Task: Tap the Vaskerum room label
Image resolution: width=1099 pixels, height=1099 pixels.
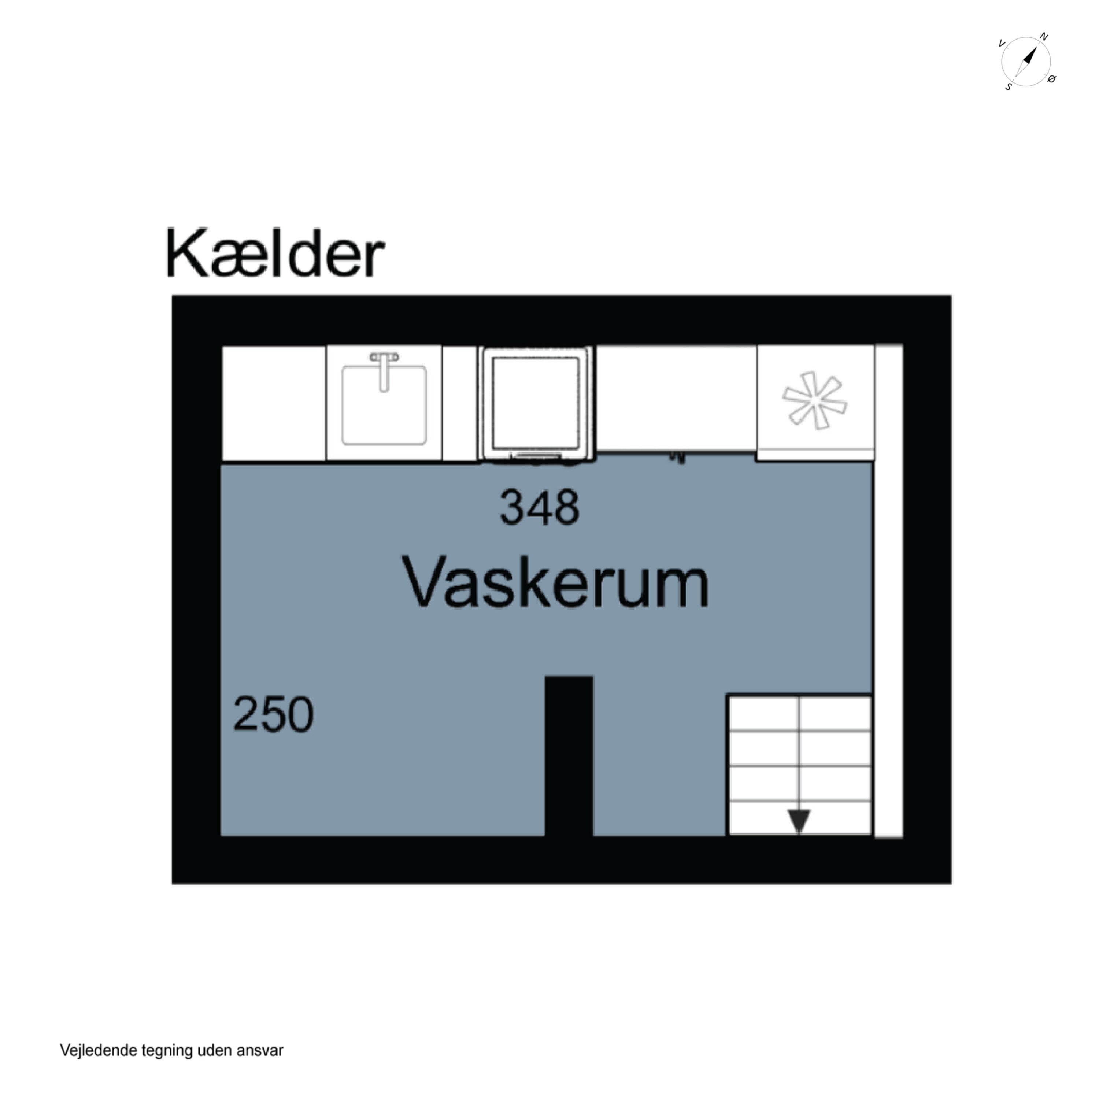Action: click(556, 584)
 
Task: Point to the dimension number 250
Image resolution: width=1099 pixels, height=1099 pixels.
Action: click(273, 714)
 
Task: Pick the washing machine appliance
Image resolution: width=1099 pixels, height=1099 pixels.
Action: click(536, 403)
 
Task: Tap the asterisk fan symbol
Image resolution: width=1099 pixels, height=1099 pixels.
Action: click(815, 400)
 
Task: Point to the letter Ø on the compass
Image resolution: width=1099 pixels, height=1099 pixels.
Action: click(1052, 79)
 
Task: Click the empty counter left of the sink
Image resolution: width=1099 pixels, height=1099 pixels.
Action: click(274, 403)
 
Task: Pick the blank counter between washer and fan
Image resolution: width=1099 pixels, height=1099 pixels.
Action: click(676, 398)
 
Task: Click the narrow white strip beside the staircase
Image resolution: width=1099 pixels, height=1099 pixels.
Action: click(888, 592)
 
